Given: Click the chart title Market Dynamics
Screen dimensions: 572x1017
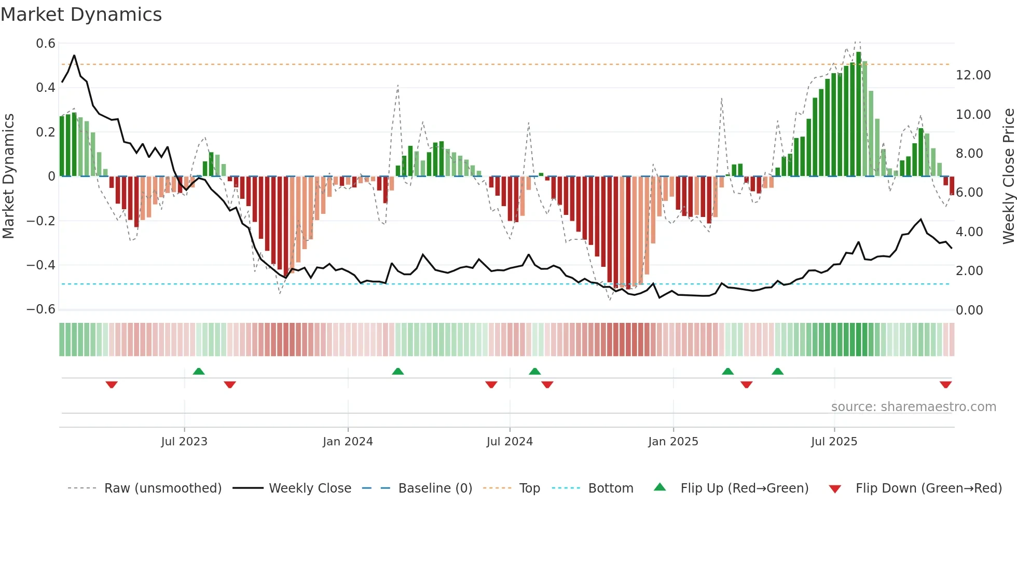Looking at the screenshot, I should (81, 15).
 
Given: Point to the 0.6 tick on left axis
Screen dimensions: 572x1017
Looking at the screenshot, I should (46, 44).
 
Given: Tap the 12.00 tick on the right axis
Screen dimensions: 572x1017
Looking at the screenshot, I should (973, 75).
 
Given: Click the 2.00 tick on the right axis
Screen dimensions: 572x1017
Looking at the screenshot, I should (969, 271).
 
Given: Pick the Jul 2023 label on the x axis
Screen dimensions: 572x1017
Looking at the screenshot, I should (184, 442).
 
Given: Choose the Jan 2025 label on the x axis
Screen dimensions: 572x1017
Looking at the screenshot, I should (673, 442).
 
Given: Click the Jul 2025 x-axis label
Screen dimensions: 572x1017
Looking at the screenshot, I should (834, 442).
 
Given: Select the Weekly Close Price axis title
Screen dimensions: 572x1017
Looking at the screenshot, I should (1008, 176).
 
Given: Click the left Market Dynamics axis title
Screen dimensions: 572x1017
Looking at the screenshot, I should (8, 176).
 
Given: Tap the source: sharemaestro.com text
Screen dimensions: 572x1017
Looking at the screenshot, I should (913, 407).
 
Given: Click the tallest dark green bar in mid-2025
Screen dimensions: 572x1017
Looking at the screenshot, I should (859, 114).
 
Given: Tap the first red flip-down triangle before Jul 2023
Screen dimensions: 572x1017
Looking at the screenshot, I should (112, 385).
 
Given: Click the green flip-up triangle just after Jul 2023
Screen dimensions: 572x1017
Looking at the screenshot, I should (199, 371).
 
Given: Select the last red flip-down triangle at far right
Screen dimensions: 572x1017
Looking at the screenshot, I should (945, 385).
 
